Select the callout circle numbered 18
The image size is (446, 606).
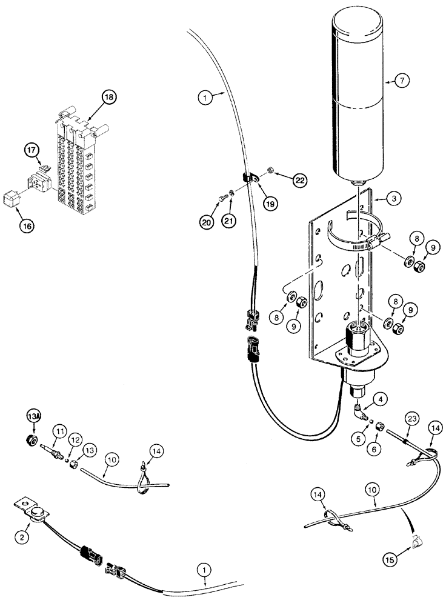pos(110,96)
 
